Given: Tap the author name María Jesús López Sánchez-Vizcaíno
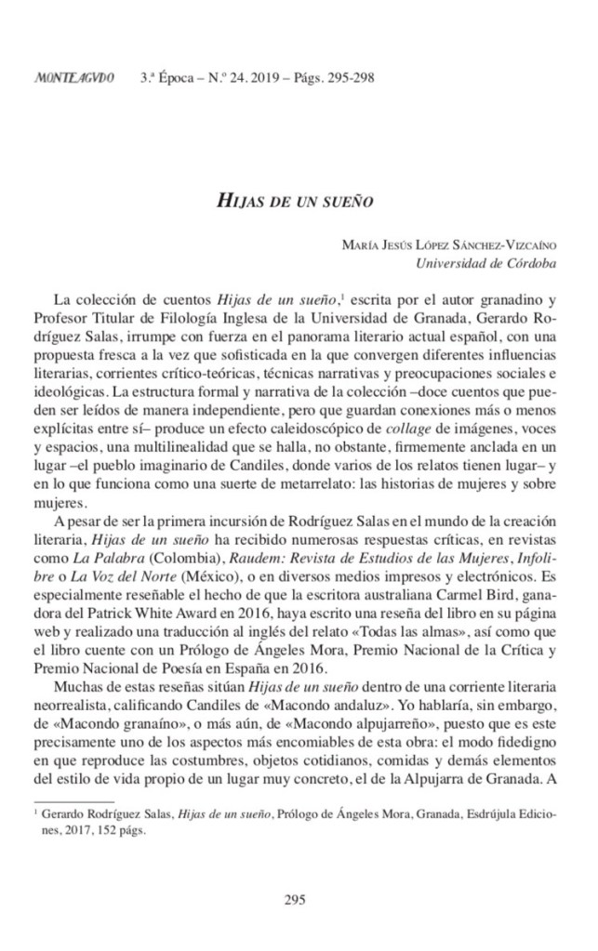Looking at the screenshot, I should tap(449, 244).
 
